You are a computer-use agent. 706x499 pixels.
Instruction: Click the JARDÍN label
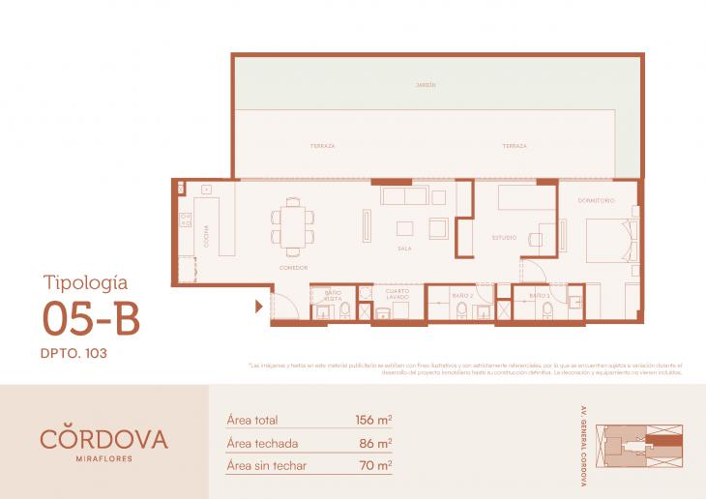point(427,85)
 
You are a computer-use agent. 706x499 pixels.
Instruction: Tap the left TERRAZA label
point(323,146)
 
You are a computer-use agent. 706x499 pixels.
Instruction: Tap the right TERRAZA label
point(515,146)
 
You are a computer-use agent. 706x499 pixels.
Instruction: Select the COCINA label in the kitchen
point(206,236)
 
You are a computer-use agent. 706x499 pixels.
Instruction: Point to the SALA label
point(404,248)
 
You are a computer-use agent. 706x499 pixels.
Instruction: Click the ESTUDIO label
point(503,237)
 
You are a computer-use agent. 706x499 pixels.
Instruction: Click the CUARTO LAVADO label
point(397,294)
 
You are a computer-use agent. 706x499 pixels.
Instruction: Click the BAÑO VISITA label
point(333,295)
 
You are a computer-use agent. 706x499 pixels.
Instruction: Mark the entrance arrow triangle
point(259,308)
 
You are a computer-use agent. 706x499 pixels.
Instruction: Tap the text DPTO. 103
point(74,354)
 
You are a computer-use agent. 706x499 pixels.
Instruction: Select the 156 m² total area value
point(373,421)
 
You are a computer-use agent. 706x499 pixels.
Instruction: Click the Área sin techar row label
point(268,465)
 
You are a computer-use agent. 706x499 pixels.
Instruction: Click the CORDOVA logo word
point(103,438)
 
